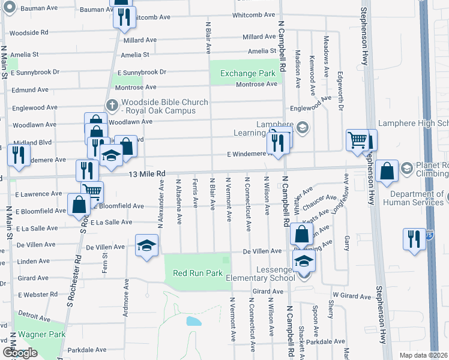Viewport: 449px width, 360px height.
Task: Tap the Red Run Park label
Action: [x=197, y=273]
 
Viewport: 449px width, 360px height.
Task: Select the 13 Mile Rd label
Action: [x=147, y=173]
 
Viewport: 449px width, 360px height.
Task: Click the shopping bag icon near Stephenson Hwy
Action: [x=388, y=171]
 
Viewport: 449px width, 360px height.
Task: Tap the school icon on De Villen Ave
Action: [x=146, y=247]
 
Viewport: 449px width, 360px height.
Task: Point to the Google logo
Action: [x=20, y=353]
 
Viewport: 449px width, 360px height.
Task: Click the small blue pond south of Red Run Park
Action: [x=193, y=321]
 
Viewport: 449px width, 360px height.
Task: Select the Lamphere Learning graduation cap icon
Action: [x=302, y=127]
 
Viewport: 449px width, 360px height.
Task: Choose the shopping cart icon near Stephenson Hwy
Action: [x=357, y=140]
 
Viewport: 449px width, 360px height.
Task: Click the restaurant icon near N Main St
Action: [x=18, y=155]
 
